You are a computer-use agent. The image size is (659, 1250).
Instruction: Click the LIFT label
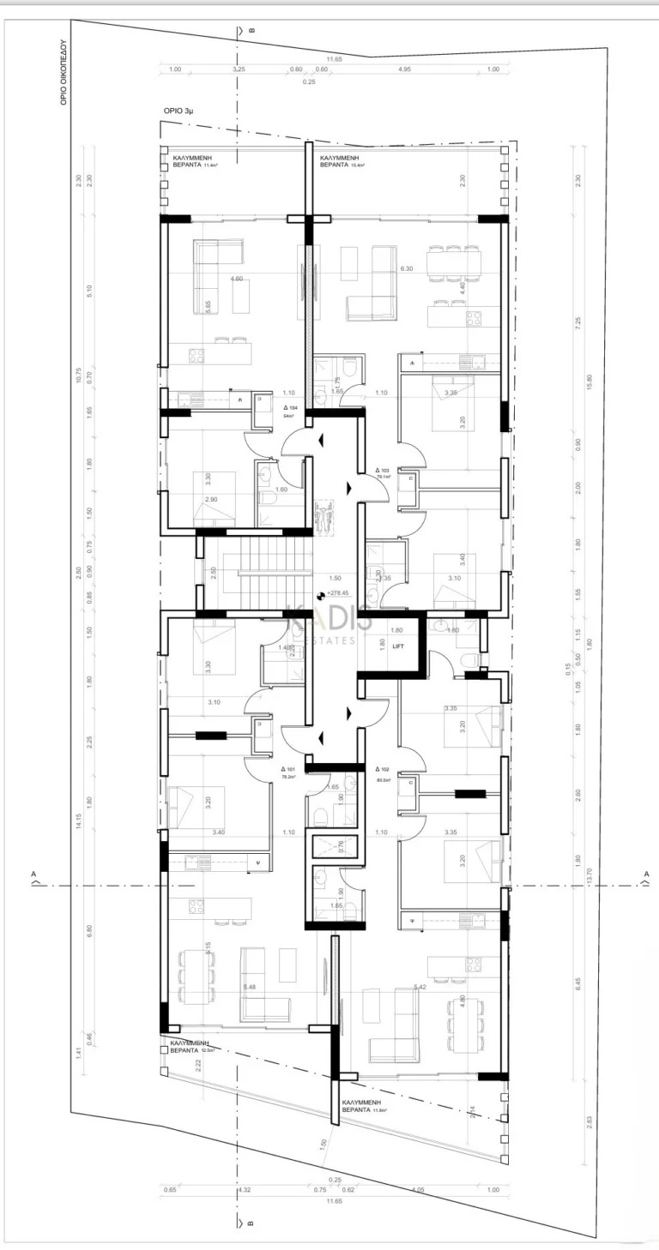point(398,646)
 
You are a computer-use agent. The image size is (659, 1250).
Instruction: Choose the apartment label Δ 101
point(289,769)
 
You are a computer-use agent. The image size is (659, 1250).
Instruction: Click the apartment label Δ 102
point(383,769)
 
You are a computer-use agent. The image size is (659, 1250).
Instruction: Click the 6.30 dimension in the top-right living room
point(407,268)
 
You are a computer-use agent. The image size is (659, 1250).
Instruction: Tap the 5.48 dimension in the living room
point(250,987)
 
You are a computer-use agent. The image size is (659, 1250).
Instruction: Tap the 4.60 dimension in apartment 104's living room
point(238,279)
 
